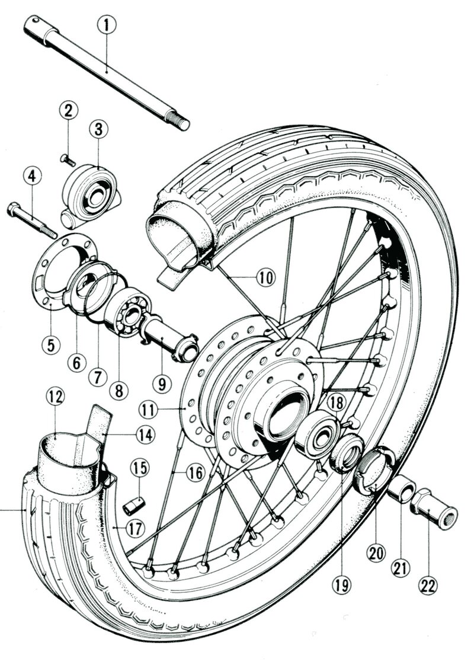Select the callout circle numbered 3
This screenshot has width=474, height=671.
pos(98,129)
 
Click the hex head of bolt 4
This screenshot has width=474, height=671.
pos(14,210)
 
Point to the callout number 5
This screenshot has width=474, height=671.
pos(50,344)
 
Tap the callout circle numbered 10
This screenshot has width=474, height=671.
pos(267,277)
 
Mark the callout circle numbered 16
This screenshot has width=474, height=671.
pos(194,472)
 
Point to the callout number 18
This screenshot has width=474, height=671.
pos(335,402)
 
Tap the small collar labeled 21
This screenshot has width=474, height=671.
pos(403,490)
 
